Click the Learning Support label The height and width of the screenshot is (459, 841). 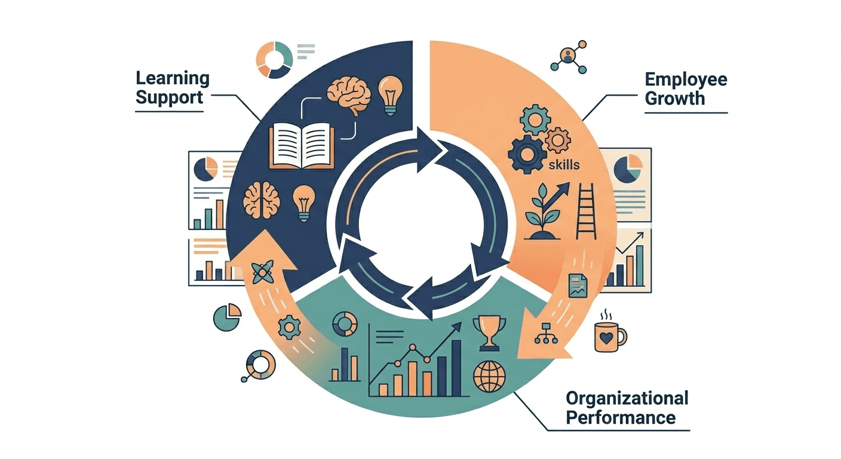[x=172, y=87]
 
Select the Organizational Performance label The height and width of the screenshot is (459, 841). [x=627, y=407]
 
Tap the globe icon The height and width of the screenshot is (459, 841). [x=489, y=377]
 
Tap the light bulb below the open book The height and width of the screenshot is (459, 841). [x=304, y=204]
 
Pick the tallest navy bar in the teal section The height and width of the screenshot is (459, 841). [x=456, y=364]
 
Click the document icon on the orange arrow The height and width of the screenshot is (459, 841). [x=577, y=285]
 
